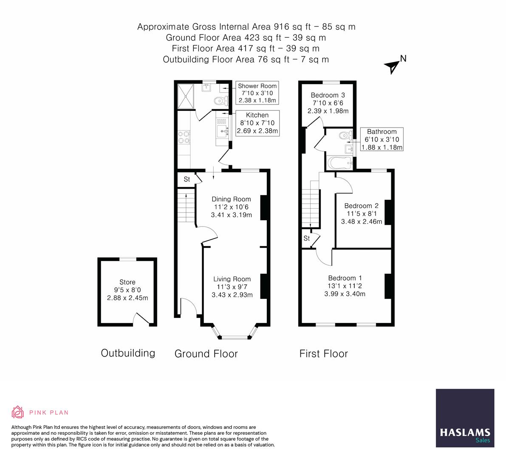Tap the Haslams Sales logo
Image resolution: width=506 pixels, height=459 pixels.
465,418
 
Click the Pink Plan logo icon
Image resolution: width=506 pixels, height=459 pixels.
18,412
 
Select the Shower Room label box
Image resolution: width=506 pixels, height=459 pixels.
257,93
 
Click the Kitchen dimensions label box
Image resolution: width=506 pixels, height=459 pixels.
257,123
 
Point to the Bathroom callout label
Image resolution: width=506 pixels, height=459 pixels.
382,139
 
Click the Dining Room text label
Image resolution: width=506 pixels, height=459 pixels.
231,199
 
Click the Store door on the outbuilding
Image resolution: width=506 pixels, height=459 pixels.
141,318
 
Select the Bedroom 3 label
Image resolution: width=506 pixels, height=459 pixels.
328,95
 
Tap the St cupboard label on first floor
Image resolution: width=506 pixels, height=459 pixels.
307,238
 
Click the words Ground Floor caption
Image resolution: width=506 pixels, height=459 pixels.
206,354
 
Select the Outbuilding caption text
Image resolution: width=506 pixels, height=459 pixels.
128,353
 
